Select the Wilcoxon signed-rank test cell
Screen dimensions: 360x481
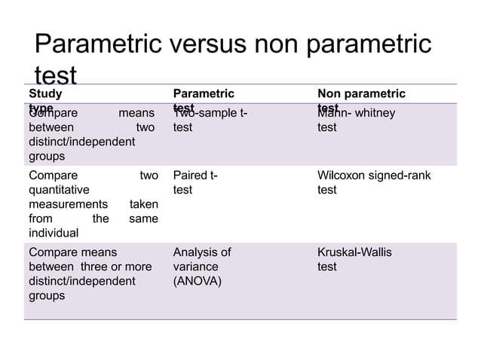(x=374, y=183)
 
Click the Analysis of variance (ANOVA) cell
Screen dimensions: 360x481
(x=201, y=267)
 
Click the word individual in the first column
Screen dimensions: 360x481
(x=54, y=233)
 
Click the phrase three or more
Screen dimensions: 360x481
(x=114, y=267)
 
